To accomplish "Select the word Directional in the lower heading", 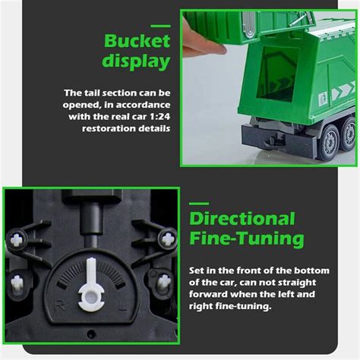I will (242, 219).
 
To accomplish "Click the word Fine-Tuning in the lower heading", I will (247, 240).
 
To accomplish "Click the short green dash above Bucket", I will (115, 21).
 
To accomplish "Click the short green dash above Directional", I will (198, 203).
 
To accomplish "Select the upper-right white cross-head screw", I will (167, 240).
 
